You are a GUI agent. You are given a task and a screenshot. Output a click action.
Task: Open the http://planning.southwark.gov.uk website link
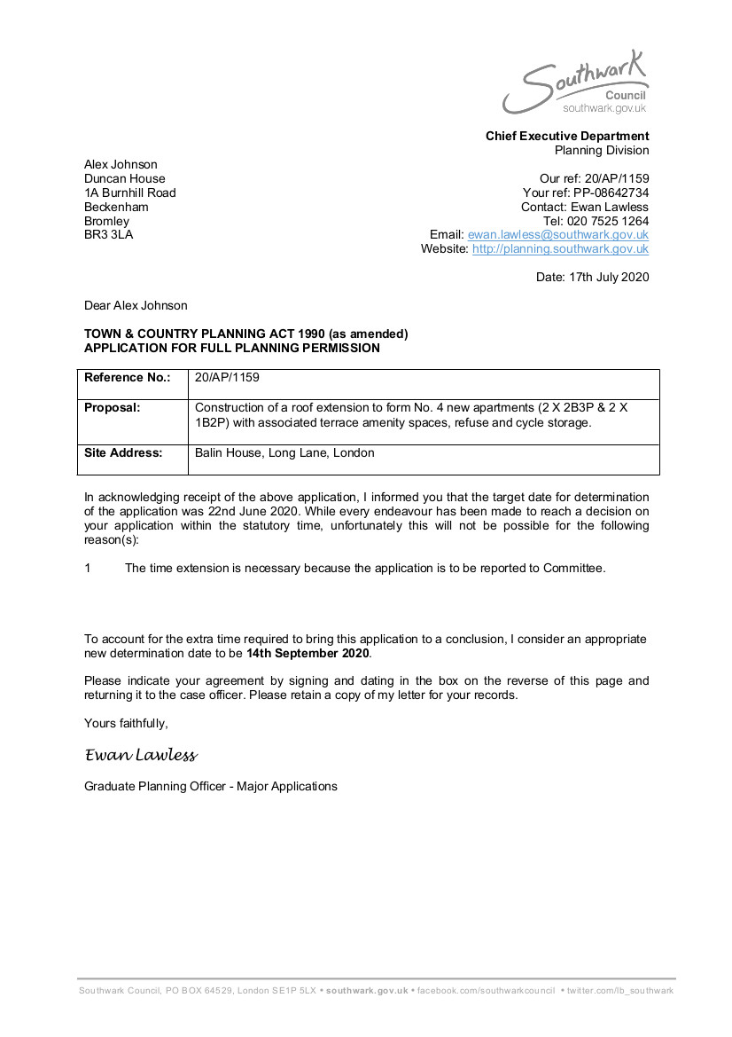560,249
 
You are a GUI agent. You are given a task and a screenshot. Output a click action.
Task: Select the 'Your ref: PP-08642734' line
586,192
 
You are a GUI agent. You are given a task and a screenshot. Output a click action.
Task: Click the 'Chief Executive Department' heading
567,136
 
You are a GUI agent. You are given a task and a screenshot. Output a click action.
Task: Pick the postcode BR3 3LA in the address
108,235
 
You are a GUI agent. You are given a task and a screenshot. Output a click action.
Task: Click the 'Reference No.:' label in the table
127,378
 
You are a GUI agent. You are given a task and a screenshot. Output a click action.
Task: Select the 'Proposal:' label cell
113,408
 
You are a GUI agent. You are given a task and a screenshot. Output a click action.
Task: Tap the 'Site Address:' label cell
123,453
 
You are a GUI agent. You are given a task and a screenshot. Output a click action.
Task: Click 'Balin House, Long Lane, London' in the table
284,453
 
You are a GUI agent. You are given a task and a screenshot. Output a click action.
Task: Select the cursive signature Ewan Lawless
141,756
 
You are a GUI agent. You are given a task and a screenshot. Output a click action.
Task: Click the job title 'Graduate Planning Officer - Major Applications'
211,786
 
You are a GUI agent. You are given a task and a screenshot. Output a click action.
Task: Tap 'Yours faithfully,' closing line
126,723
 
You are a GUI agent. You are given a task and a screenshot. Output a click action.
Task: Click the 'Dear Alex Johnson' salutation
136,305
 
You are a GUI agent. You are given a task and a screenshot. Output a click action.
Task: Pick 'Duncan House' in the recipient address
124,178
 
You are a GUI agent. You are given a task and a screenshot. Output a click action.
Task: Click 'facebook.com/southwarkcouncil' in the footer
486,990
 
